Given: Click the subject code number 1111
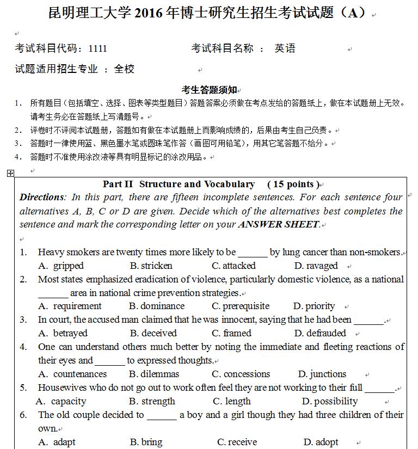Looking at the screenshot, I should [98, 48].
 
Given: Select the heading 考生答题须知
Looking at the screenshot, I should [209, 90].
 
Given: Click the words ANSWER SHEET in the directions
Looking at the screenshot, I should [279, 224].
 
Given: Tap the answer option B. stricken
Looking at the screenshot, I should [151, 266].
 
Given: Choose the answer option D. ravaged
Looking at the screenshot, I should [316, 266].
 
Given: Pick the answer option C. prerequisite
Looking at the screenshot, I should [241, 306].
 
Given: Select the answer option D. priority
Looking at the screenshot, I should [314, 306].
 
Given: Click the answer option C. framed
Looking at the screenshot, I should [232, 333].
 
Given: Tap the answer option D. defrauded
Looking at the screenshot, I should [320, 333].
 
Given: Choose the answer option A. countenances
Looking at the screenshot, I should [72, 374].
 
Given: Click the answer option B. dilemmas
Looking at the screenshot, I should [154, 374].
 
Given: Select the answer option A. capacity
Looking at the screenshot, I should [61, 401].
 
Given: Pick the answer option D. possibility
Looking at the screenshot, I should [329, 401].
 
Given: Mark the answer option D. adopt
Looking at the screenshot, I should [321, 442].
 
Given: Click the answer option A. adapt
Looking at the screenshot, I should [57, 442].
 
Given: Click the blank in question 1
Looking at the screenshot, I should [253, 253].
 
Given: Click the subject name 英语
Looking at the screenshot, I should [285, 48].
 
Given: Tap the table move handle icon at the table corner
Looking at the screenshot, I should [10, 173].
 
